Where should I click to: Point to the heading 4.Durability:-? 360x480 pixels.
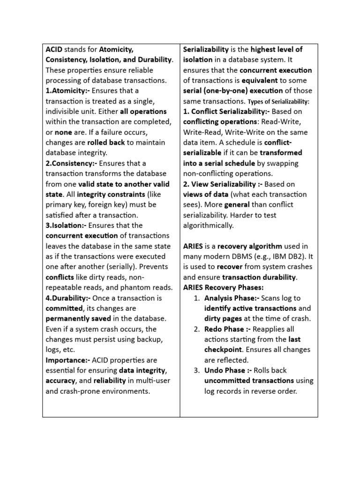68,298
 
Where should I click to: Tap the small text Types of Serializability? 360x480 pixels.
278,102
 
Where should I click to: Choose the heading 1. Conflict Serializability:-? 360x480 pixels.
226,112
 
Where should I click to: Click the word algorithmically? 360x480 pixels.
208,225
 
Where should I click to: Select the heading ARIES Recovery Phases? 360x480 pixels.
224,287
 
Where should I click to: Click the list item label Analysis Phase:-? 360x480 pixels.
232,298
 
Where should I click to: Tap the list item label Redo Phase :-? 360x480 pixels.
226,329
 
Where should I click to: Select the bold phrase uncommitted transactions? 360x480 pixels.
249,381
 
